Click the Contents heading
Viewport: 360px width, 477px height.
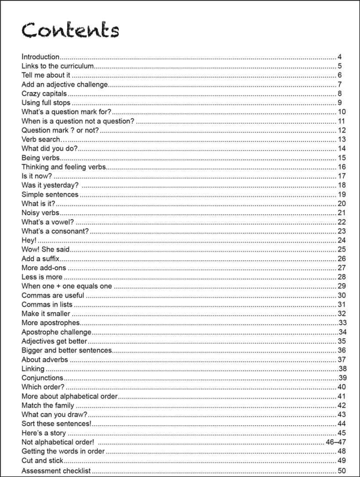[70, 30]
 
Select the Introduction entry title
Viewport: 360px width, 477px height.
[40, 57]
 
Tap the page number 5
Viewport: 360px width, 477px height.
[340, 66]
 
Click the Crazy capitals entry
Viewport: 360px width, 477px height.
[44, 93]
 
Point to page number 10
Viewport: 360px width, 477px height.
[342, 112]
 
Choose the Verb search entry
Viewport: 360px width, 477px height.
[41, 140]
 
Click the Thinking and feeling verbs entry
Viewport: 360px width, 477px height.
[64, 167]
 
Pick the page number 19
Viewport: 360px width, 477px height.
[342, 194]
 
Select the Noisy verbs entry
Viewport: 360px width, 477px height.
[40, 213]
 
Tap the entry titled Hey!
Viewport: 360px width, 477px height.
[29, 240]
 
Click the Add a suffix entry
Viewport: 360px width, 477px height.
[40, 258]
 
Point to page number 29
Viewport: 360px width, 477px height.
[342, 286]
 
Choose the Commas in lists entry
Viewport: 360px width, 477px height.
[47, 305]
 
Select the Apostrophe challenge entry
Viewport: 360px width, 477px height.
[57, 332]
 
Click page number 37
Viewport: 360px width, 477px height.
[342, 360]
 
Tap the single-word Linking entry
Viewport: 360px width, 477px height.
[33, 369]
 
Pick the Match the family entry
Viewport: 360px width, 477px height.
[48, 405]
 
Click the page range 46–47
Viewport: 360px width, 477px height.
[336, 442]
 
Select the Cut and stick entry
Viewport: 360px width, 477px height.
[43, 460]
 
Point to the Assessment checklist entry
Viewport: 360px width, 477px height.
[56, 471]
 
